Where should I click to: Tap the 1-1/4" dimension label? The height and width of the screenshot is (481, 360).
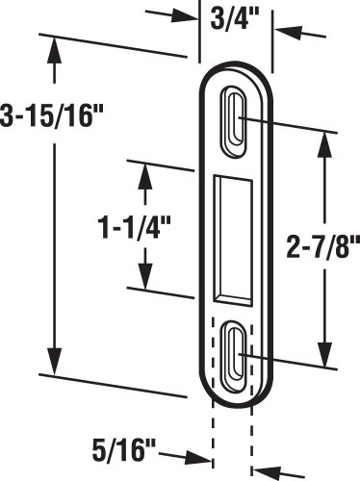[x=134, y=227]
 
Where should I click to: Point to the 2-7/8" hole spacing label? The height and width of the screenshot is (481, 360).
[x=322, y=246]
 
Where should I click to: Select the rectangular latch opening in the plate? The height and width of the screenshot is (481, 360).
[x=233, y=240]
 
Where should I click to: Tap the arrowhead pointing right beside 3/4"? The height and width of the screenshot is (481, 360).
[x=184, y=16]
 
